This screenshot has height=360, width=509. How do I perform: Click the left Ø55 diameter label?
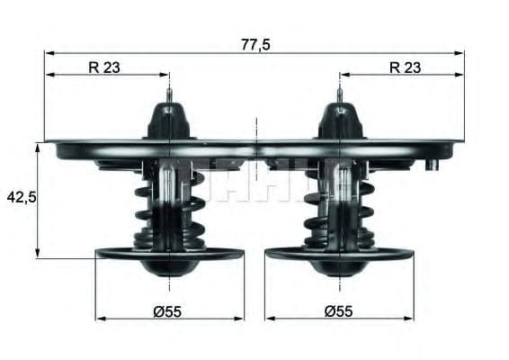(x=168, y=310)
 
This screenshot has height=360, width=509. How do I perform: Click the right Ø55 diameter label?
(x=339, y=310)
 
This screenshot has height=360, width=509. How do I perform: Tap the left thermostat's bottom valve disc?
(x=169, y=255)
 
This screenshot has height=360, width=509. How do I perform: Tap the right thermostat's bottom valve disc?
(x=339, y=255)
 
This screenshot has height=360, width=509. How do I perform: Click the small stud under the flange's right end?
(x=433, y=164)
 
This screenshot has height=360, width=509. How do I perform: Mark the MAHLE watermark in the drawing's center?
(x=256, y=178)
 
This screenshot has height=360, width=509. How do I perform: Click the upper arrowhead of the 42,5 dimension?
(x=38, y=147)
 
